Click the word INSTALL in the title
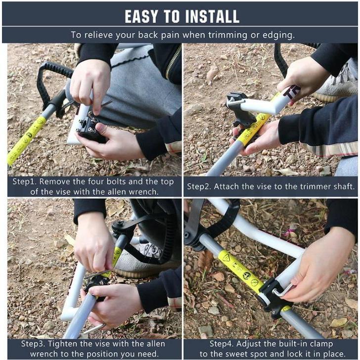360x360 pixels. [x=212, y=16]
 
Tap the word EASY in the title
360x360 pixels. [x=141, y=16]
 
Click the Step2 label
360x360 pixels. [x=199, y=186]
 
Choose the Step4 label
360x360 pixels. [x=222, y=344]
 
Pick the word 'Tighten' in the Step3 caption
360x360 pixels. [x=62, y=344]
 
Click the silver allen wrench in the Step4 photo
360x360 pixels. [x=283, y=290]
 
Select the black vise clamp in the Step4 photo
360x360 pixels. [x=274, y=297]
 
